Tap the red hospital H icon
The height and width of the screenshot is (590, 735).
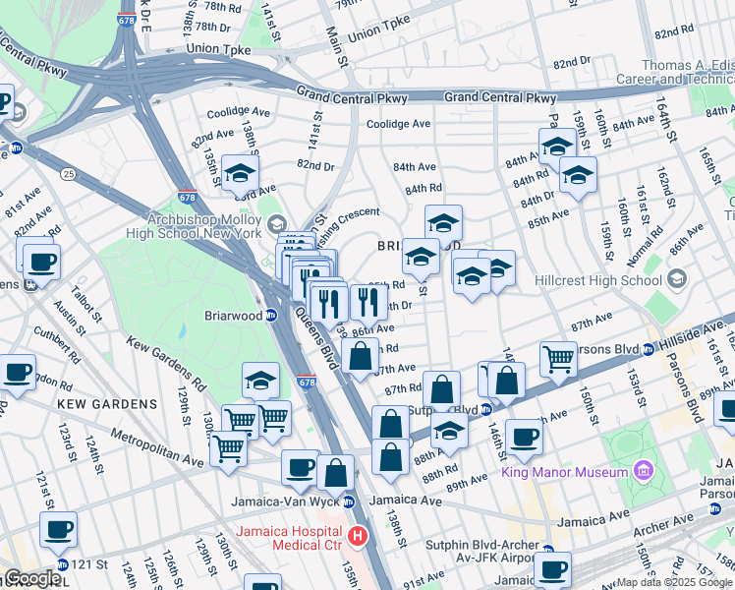point(359,537)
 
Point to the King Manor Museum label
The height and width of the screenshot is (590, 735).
point(564,473)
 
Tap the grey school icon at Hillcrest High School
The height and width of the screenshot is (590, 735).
point(676,280)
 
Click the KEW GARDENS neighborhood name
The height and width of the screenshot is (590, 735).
point(106,404)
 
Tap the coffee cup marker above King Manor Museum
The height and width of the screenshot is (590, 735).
point(524,437)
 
